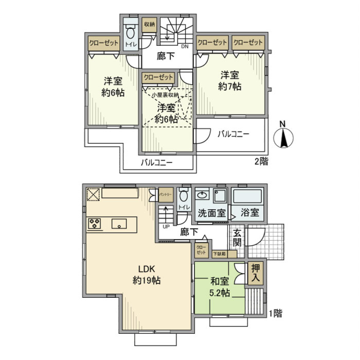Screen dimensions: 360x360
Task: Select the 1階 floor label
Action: (275, 313)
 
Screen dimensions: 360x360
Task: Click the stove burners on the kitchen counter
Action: (94, 224)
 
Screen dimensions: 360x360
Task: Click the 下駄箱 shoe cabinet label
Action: (220, 254)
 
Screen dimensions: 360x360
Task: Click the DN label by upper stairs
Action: (184, 46)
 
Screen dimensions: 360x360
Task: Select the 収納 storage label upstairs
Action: (149, 24)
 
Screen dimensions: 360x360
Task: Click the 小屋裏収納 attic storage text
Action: (165, 95)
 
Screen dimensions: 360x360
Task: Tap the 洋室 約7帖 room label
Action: (230, 81)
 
